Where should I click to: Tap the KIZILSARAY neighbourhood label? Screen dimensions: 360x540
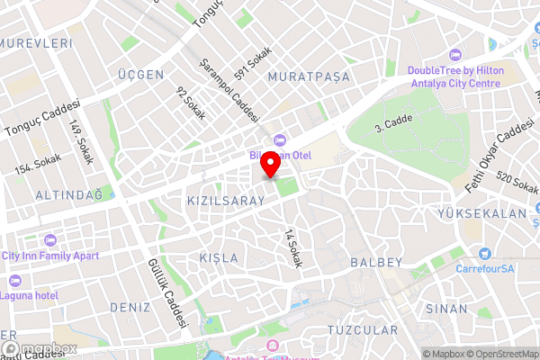click(226, 201)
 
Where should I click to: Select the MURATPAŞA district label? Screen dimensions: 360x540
click(308, 77)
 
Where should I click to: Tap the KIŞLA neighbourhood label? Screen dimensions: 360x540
click(219, 258)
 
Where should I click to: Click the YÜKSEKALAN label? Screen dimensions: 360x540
click(480, 214)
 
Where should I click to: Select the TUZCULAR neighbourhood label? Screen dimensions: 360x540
click(363, 330)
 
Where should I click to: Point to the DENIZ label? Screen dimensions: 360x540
click(130, 307)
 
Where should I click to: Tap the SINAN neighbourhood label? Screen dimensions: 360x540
click(446, 308)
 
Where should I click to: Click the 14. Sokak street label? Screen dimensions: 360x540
click(291, 247)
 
